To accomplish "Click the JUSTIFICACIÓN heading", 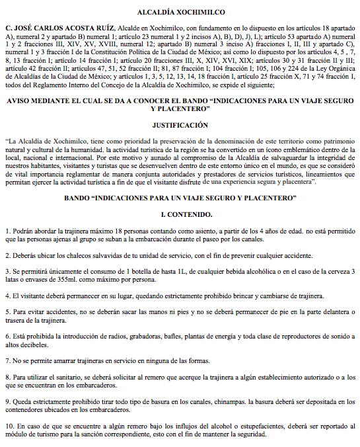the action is tap(180, 124).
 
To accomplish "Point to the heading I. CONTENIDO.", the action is tap(180, 216).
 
